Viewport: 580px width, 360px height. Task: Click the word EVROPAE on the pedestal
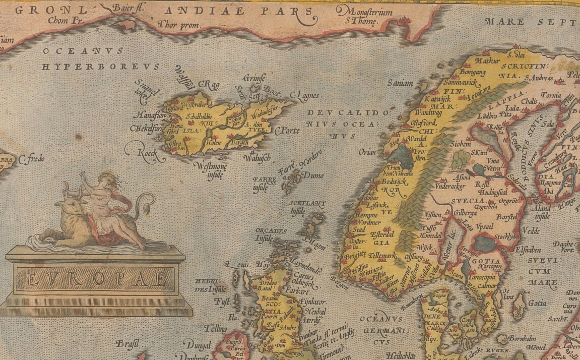[96, 278]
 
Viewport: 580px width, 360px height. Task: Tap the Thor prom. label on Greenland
[179, 24]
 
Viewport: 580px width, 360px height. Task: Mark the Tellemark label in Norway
[383, 256]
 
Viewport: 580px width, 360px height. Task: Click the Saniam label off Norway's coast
[400, 83]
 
